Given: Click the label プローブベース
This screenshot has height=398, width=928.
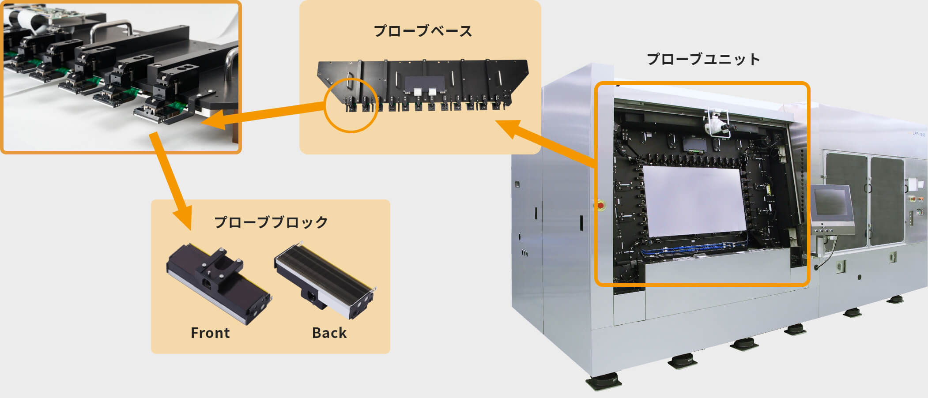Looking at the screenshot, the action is [423, 31].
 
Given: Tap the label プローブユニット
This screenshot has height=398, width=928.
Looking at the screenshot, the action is [703, 59].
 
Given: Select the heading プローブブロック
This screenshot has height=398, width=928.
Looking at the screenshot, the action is [271, 222].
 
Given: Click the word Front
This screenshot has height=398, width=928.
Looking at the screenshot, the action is [210, 333].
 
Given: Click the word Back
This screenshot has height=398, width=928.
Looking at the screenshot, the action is [329, 333].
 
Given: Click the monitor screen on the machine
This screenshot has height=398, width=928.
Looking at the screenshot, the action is [830, 202].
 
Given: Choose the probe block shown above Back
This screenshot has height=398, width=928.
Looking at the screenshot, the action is [325, 280].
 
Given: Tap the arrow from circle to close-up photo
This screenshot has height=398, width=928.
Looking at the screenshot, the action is [265, 116].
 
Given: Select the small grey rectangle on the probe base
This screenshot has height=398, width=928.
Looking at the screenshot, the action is [423, 82].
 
